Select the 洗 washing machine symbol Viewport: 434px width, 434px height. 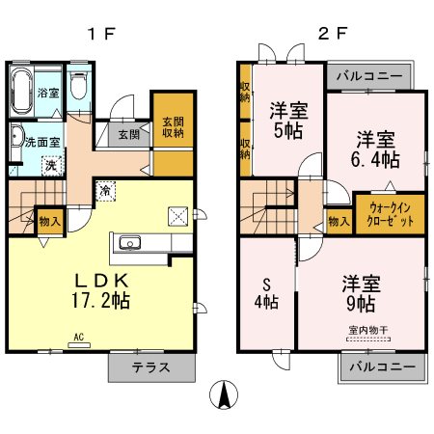pos(49,165)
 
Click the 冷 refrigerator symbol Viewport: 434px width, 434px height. pos(103,191)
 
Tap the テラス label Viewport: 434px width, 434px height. pos(150,367)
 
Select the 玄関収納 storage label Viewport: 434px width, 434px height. pos(172,127)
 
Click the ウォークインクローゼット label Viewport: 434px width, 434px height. pos(391,214)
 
